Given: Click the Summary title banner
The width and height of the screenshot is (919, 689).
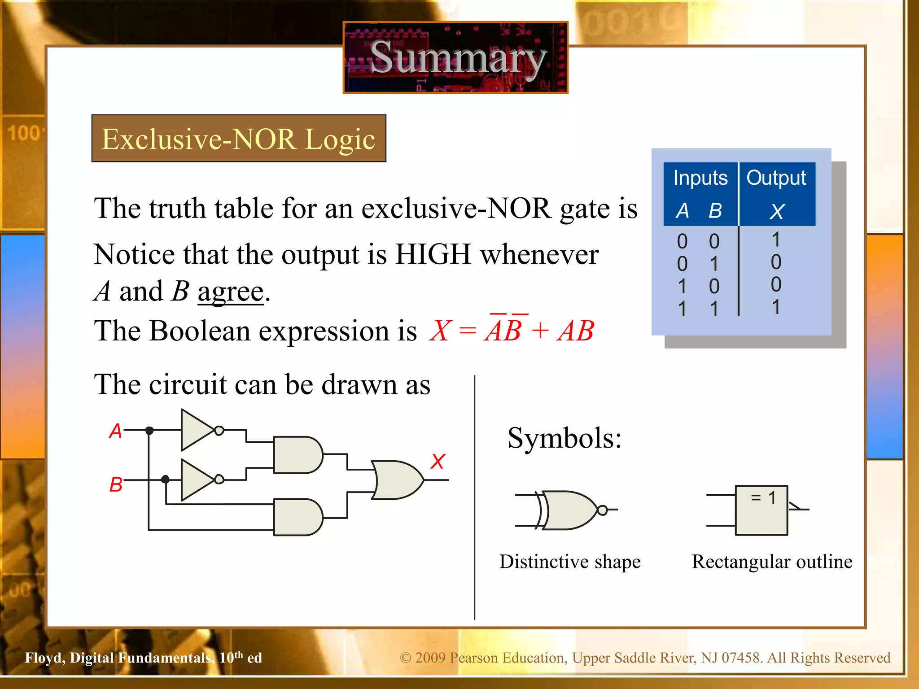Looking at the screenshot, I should pyautogui.click(x=455, y=57).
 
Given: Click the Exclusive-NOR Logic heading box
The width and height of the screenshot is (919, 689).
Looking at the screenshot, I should pyautogui.click(x=238, y=139).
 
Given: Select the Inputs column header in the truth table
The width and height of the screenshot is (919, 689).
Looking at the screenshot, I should pyautogui.click(x=700, y=178).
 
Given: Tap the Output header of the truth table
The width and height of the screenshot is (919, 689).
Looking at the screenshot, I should pyautogui.click(x=776, y=178).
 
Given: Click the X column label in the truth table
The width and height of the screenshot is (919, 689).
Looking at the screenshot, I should pyautogui.click(x=777, y=211).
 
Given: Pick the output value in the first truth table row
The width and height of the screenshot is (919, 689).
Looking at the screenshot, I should pyautogui.click(x=776, y=240).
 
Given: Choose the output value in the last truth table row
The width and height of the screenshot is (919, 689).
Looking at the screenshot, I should pyautogui.click(x=776, y=307).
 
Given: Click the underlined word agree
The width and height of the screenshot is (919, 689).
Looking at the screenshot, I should pyautogui.click(x=231, y=292).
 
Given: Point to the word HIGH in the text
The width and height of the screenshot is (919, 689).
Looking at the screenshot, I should pyautogui.click(x=433, y=254).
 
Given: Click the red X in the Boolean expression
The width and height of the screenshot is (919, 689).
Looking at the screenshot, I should pyautogui.click(x=439, y=331).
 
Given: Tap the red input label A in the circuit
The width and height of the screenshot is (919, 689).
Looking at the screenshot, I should pyautogui.click(x=115, y=431).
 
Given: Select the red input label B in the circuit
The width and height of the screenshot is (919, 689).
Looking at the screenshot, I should pyautogui.click(x=116, y=484).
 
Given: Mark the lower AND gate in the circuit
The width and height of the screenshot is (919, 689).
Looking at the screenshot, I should pyautogui.click(x=297, y=517).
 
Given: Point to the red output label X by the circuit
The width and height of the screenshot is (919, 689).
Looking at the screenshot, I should pyautogui.click(x=438, y=461).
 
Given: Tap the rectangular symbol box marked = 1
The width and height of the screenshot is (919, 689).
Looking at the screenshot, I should pyautogui.click(x=761, y=510).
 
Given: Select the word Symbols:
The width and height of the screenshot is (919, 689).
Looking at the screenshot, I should pyautogui.click(x=565, y=438).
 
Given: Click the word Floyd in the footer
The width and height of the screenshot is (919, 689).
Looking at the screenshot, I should pyautogui.click(x=45, y=658).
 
